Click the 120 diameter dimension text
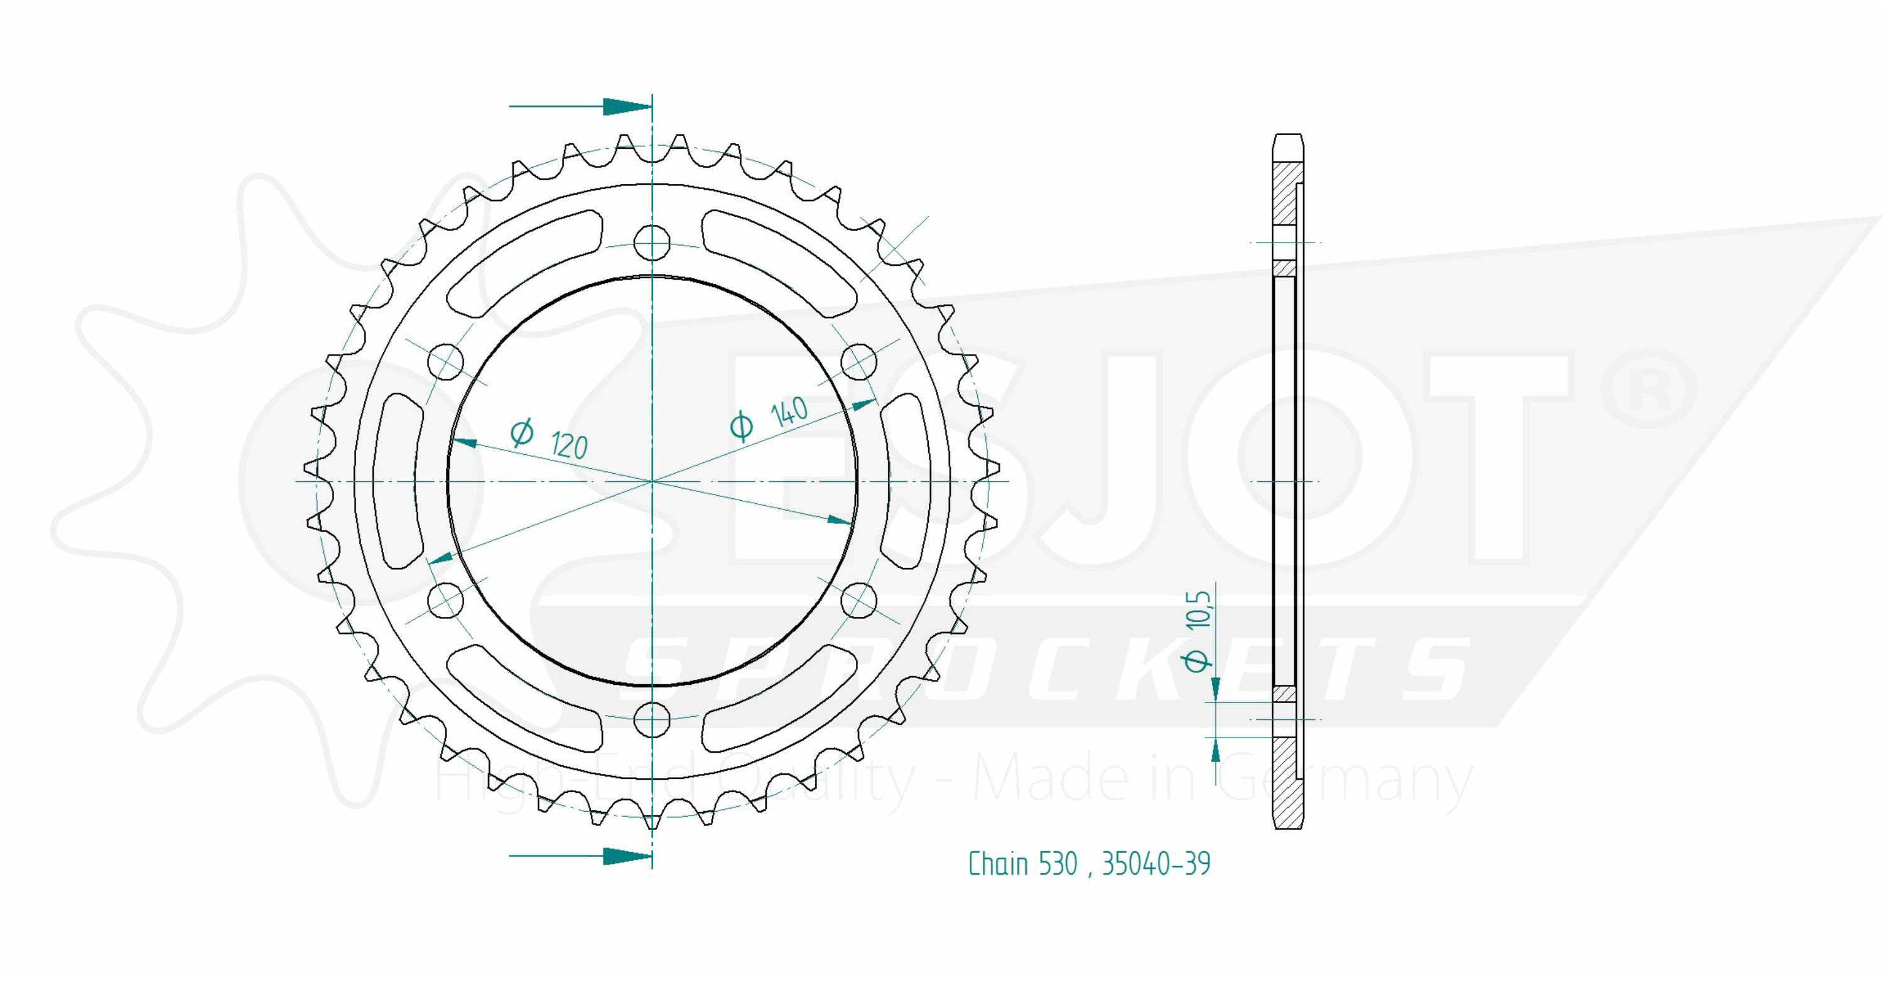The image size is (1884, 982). pyautogui.click(x=548, y=439)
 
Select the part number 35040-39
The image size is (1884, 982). pyautogui.click(x=1156, y=863)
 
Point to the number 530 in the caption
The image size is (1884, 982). pyautogui.click(x=1058, y=863)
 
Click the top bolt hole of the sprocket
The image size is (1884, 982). pyautogui.click(x=652, y=243)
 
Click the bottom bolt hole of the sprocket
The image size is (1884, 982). pyautogui.click(x=652, y=721)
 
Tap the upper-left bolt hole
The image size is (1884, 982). pyautogui.click(x=445, y=361)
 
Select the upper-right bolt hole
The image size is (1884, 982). pyautogui.click(x=858, y=361)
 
